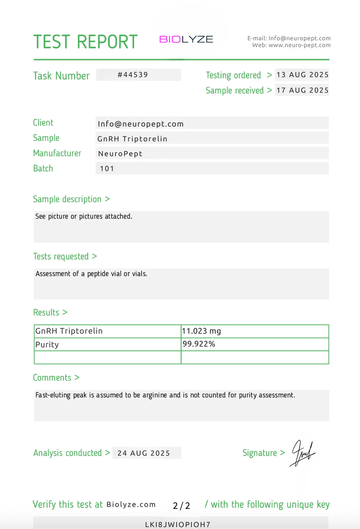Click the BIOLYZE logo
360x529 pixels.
tap(186, 40)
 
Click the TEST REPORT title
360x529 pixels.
tap(85, 42)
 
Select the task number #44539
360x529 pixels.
tap(133, 75)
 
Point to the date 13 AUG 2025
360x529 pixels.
tap(302, 75)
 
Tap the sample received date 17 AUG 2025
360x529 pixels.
tap(302, 90)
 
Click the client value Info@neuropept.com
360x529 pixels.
tap(141, 124)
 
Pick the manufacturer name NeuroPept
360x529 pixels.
tap(120, 154)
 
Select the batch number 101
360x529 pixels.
tap(107, 169)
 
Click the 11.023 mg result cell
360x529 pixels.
tap(201, 331)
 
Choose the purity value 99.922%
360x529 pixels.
tap(199, 344)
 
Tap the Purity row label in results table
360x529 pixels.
tap(47, 345)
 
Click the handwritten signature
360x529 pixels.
tap(303, 453)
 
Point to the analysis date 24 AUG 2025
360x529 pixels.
tap(144, 453)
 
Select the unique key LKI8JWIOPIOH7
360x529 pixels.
tap(178, 524)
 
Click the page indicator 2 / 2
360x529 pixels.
tap(181, 505)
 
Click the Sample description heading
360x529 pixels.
tap(67, 199)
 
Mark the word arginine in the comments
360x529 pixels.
tap(155, 395)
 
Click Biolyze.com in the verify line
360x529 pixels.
tap(131, 505)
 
